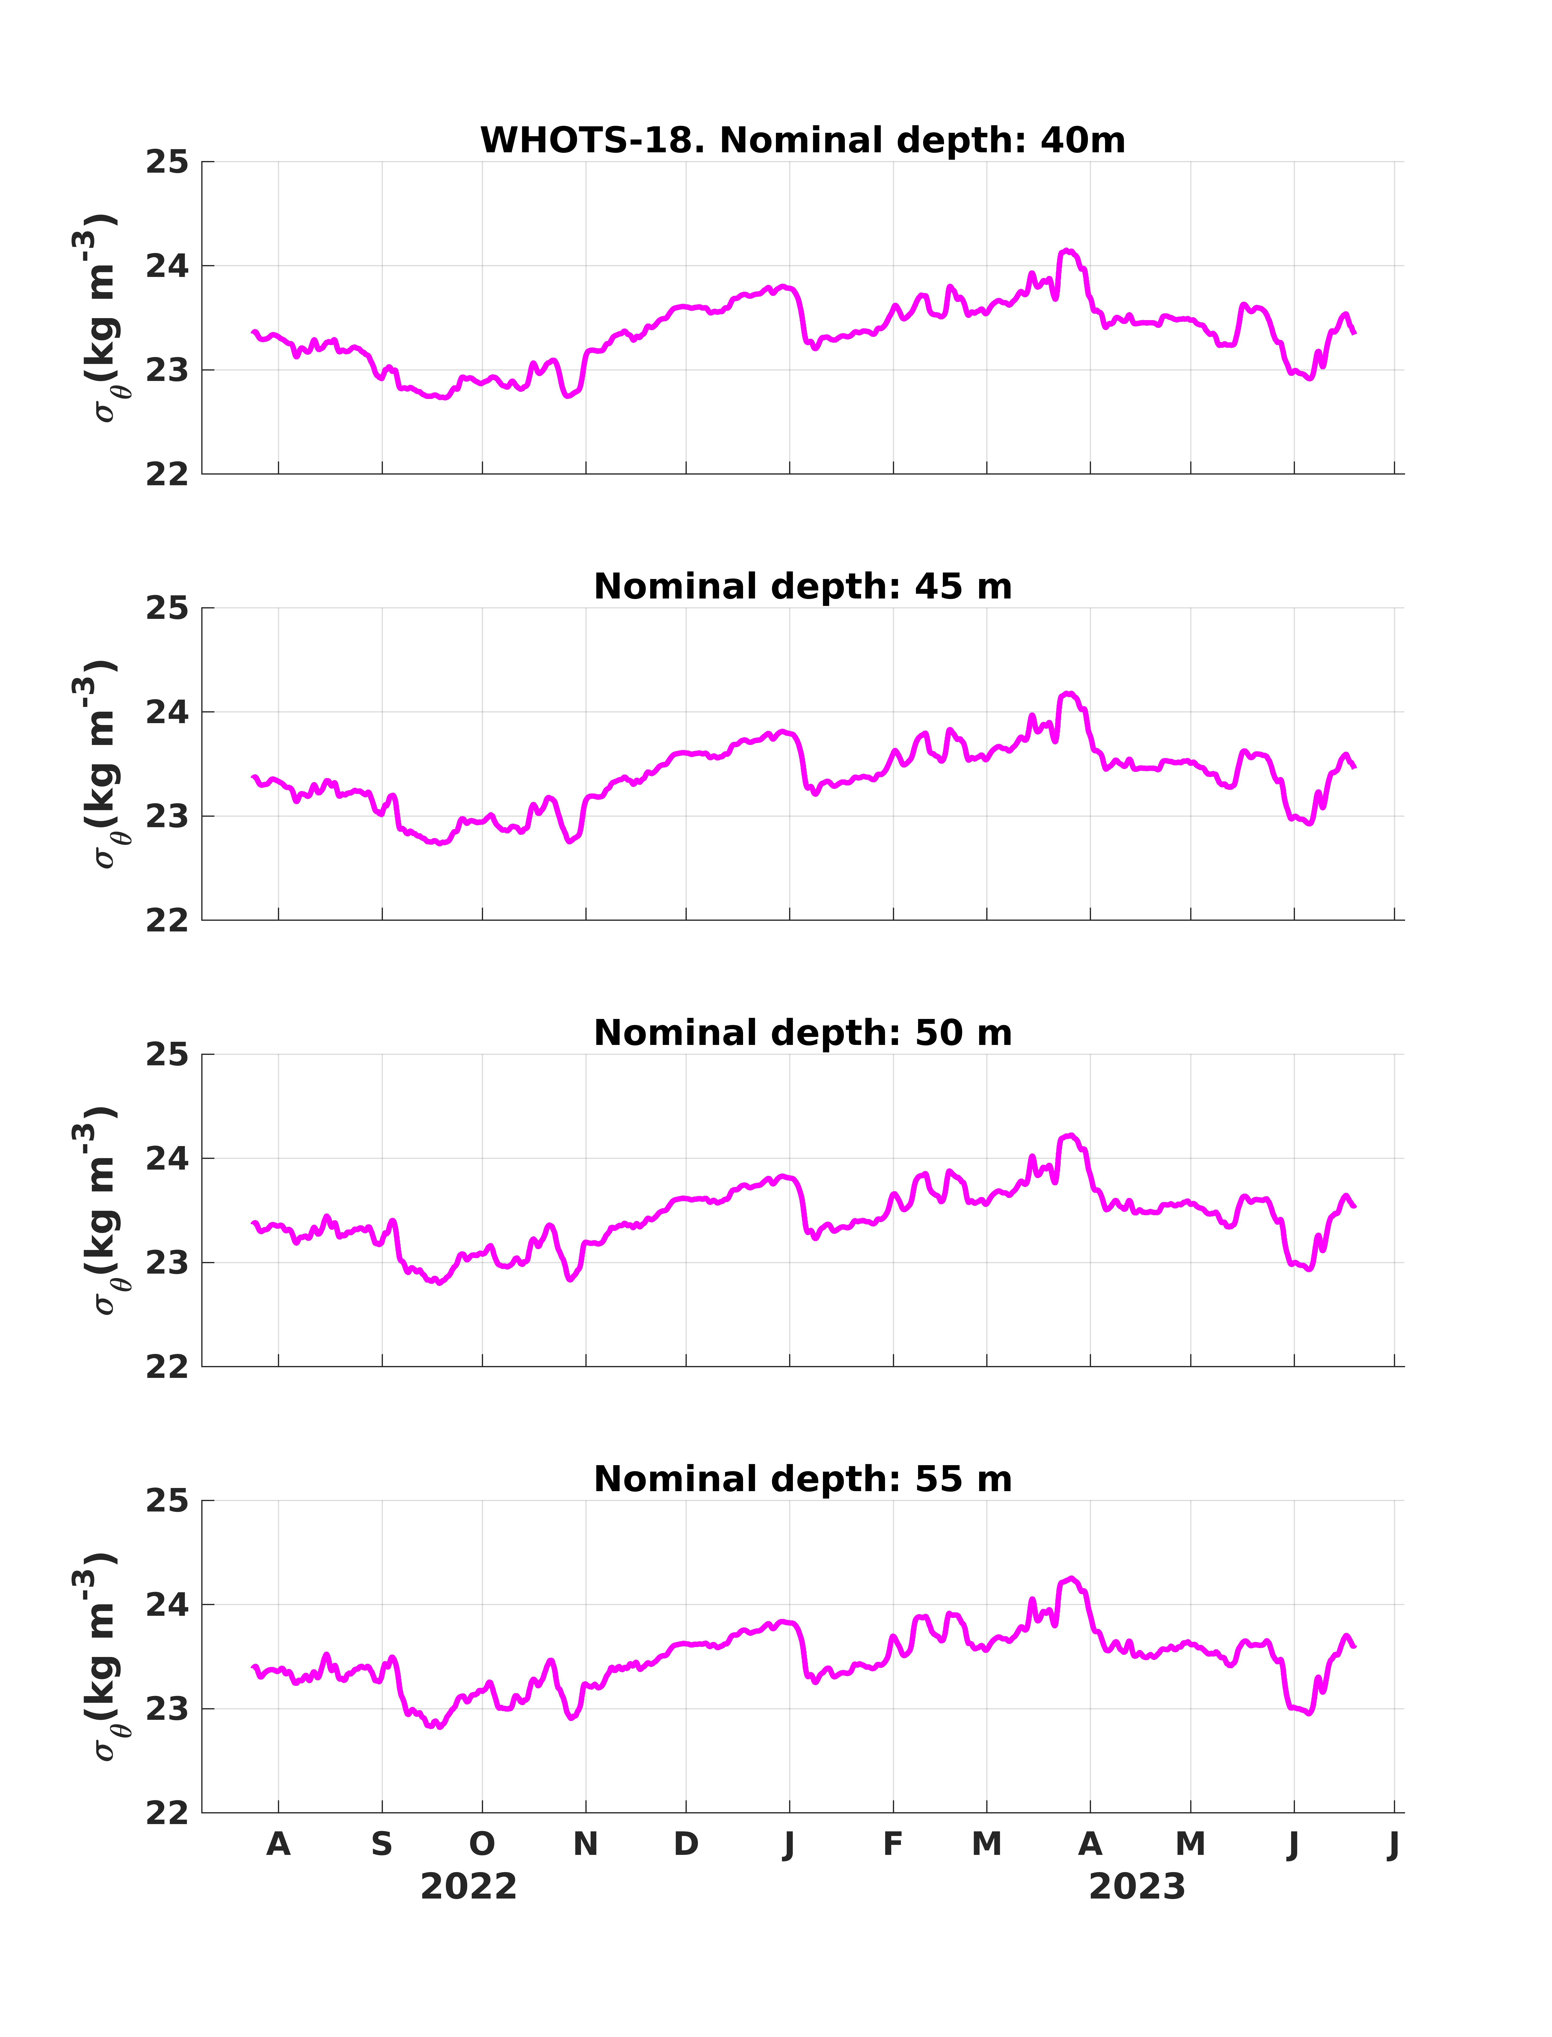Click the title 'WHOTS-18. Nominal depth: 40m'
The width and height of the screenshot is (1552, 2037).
803,140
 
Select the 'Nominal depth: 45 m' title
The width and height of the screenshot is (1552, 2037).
803,587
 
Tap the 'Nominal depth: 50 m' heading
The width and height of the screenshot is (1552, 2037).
803,1033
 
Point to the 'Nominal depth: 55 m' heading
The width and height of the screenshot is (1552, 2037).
803,1479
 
